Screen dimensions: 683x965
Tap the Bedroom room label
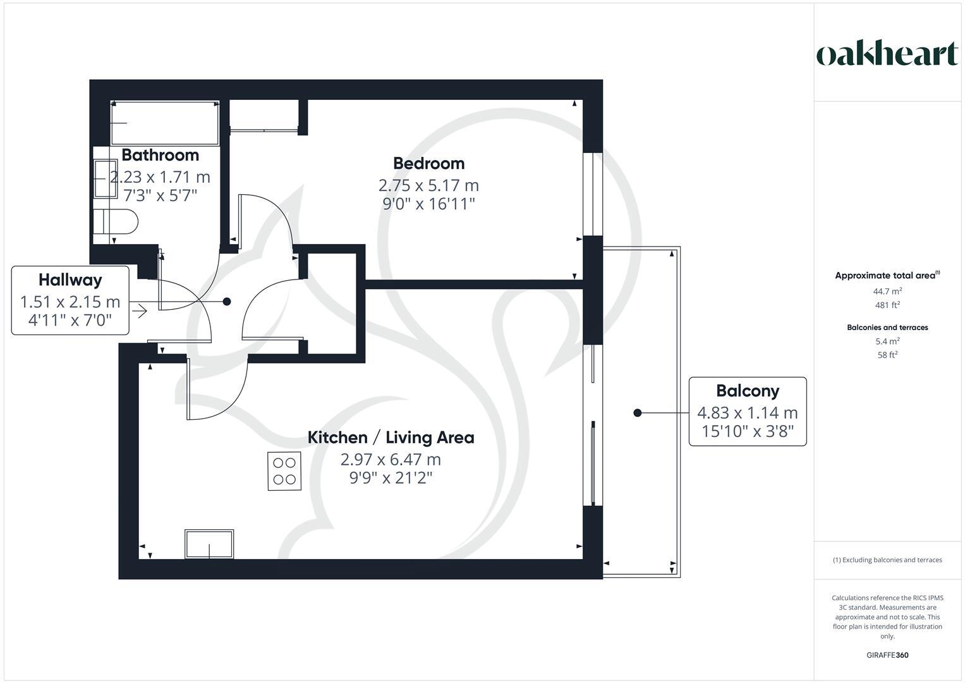(x=428, y=163)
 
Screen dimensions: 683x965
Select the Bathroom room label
(x=160, y=155)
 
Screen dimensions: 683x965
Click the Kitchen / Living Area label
(x=391, y=438)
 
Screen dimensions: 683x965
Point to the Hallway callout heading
(x=70, y=280)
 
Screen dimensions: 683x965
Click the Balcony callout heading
(x=747, y=391)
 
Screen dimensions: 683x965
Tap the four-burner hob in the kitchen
(x=284, y=471)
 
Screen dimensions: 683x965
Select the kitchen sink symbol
(x=209, y=544)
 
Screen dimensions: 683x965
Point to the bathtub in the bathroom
(x=165, y=123)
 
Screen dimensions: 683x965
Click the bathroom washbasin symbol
(x=105, y=178)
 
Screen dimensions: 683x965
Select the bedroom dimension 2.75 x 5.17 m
(x=428, y=185)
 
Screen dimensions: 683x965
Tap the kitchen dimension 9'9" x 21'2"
(x=391, y=477)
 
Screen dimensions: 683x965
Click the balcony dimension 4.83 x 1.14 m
(x=747, y=413)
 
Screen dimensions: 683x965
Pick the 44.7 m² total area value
(x=887, y=292)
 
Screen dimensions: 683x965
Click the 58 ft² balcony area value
(x=887, y=355)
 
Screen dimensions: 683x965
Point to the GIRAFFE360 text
(x=887, y=655)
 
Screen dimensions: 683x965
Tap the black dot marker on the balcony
(x=638, y=413)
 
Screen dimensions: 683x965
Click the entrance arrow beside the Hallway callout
(x=140, y=311)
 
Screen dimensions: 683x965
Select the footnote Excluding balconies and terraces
(x=887, y=560)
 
